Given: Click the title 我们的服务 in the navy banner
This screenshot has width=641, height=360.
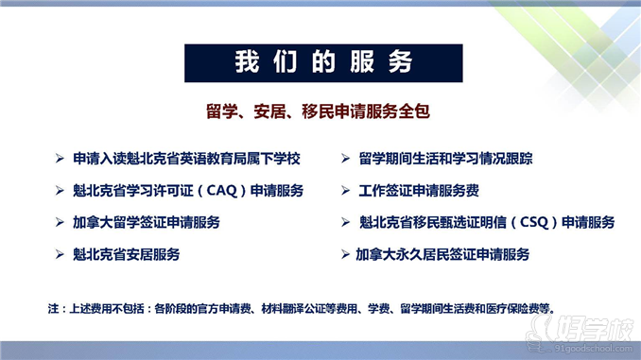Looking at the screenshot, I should pyautogui.click(x=323, y=62).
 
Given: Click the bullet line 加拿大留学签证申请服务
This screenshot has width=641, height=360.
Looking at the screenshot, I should pyautogui.click(x=146, y=223).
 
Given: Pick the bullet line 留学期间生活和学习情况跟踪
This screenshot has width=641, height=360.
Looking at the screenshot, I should pyautogui.click(x=439, y=159).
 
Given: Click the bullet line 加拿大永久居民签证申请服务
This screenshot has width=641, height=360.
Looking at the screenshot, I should pyautogui.click(x=442, y=254).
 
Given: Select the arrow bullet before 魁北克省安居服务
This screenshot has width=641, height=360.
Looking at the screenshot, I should pyautogui.click(x=60, y=254).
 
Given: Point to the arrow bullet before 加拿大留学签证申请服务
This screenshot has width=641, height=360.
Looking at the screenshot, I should pyautogui.click(x=60, y=223).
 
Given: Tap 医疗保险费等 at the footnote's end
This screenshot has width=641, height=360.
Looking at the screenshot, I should pyautogui.click(x=522, y=307).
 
